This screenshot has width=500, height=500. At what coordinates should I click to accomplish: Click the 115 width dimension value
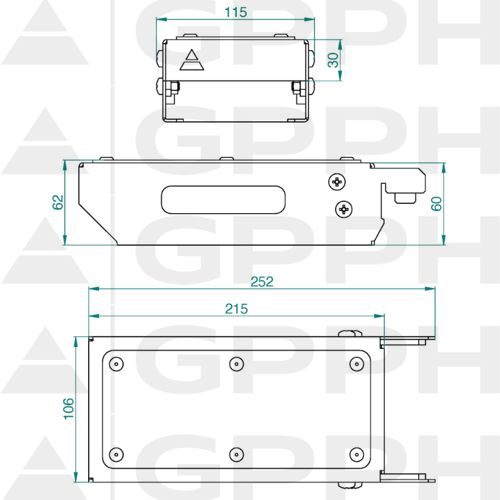(236, 12)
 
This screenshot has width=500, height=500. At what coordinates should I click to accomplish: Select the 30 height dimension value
(333, 60)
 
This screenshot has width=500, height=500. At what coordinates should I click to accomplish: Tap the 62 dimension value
(57, 202)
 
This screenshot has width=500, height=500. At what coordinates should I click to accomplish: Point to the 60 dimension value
(436, 204)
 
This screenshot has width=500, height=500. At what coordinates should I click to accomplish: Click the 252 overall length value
(262, 282)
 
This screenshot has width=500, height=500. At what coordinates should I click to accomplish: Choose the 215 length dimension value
(236, 309)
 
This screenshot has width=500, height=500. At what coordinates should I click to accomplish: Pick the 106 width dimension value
(69, 409)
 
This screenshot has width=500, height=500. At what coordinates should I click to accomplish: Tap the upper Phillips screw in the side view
(337, 182)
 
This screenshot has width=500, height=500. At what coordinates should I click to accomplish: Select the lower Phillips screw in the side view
(344, 209)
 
